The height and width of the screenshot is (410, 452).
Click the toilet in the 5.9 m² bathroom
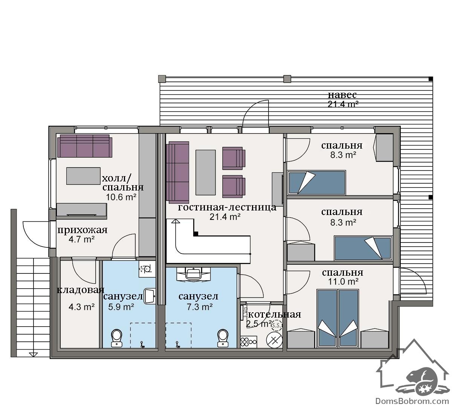(x=117, y=338)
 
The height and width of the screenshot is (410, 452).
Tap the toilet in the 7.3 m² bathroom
(x=223, y=338)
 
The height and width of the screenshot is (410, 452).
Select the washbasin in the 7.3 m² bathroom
(x=193, y=274)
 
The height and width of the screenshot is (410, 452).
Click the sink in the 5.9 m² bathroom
(x=150, y=296)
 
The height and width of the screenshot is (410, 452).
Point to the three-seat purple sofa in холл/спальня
(x=85, y=146)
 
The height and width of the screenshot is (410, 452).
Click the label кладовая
(x=81, y=290)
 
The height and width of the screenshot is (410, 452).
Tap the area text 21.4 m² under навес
(x=343, y=104)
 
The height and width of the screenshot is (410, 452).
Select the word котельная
(x=275, y=314)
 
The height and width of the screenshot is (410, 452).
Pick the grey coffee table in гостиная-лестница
(x=206, y=172)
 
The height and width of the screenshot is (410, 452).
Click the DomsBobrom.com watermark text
(x=412, y=401)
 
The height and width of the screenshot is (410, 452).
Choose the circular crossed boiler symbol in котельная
(x=275, y=340)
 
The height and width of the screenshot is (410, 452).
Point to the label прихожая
(x=82, y=230)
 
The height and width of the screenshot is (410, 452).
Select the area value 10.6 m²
(x=121, y=197)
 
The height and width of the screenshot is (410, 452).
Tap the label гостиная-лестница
(x=227, y=207)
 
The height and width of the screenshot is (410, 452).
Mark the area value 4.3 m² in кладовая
(x=82, y=307)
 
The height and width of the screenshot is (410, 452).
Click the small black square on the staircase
(x=196, y=234)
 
